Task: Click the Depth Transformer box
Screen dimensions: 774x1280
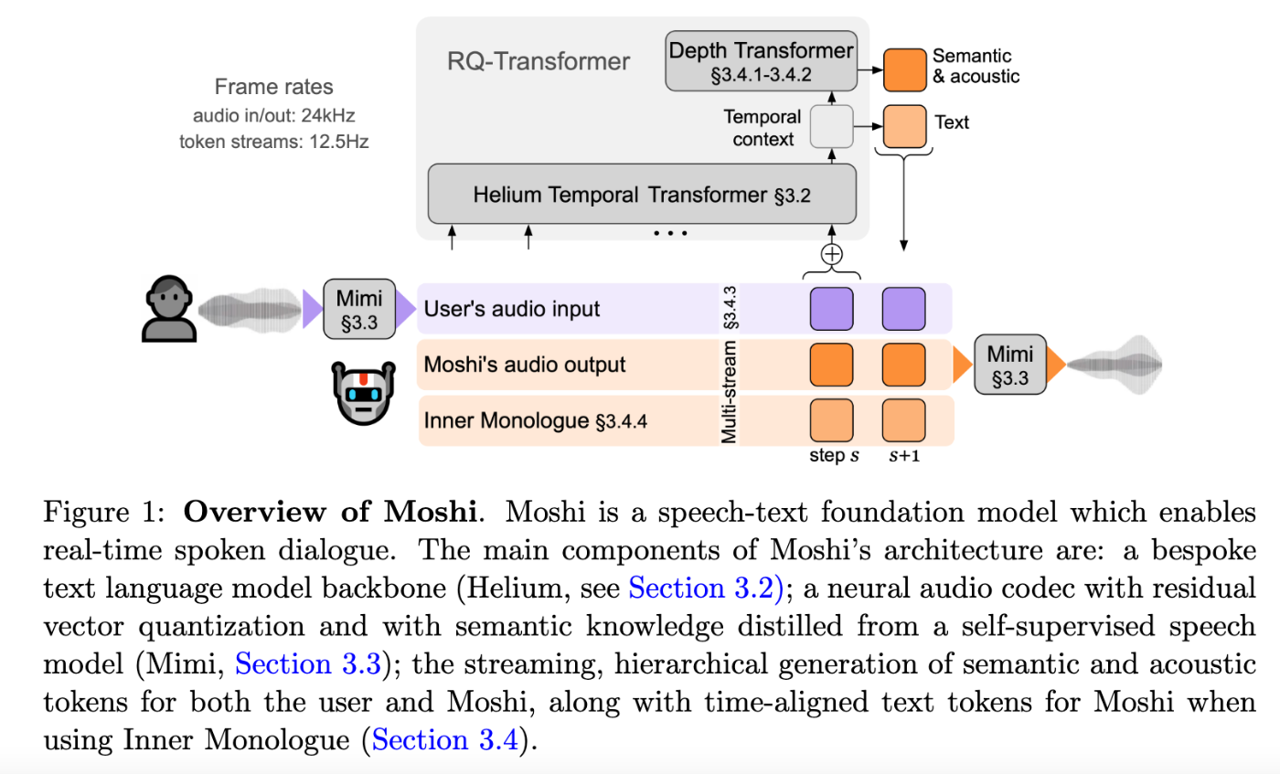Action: tap(761, 61)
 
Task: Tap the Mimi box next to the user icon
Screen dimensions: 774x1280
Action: tap(359, 309)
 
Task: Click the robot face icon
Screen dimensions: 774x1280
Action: tap(363, 391)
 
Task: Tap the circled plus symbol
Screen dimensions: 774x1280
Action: tap(831, 254)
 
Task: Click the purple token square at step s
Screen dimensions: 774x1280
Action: tap(831, 308)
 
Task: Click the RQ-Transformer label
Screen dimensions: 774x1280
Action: tap(539, 62)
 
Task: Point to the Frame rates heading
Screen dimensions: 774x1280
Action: tap(274, 88)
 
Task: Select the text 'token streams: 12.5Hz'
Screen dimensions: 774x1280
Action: tap(274, 143)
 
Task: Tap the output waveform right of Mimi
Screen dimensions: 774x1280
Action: tap(1115, 365)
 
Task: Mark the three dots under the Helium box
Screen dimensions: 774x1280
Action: tap(670, 234)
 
